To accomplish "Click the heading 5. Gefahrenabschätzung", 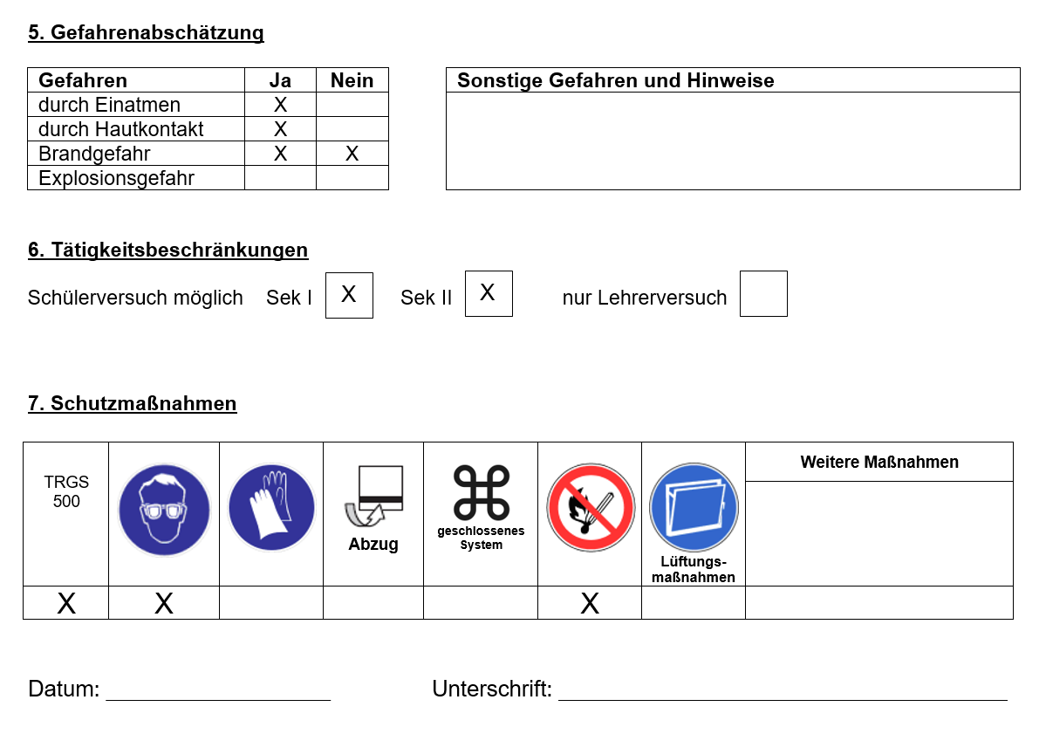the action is [x=146, y=32].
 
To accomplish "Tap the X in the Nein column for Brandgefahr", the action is [x=352, y=154].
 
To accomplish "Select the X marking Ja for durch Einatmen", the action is [x=280, y=105].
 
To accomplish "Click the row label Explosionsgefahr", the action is [x=116, y=178].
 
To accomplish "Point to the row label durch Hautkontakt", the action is [x=120, y=129].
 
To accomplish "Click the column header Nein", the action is [x=352, y=80].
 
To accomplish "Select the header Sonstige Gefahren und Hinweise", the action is [x=615, y=80].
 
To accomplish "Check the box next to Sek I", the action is [x=349, y=295].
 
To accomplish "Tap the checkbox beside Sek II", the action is [x=489, y=293].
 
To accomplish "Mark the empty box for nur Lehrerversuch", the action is [x=763, y=293].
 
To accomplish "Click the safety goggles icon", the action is [x=164, y=510].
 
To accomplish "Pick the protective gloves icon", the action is [x=271, y=508].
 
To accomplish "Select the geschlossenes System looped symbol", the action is [x=481, y=493].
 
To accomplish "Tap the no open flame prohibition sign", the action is [x=591, y=508].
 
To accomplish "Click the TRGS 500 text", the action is [x=66, y=491].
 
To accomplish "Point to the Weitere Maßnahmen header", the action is [x=879, y=462].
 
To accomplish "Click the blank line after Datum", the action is [x=218, y=700].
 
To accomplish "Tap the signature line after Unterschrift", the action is [x=783, y=700].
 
